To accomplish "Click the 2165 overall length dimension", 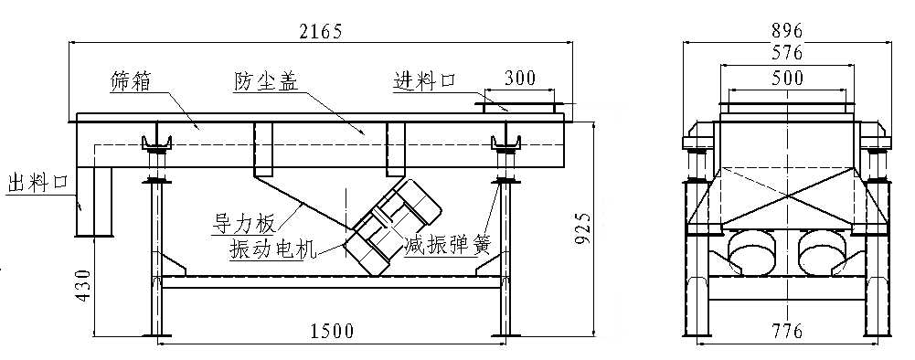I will click(x=320, y=31).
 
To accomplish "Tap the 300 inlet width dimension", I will click(x=519, y=78).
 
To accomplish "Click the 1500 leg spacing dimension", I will click(x=331, y=331).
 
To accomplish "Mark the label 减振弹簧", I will click(x=448, y=246).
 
